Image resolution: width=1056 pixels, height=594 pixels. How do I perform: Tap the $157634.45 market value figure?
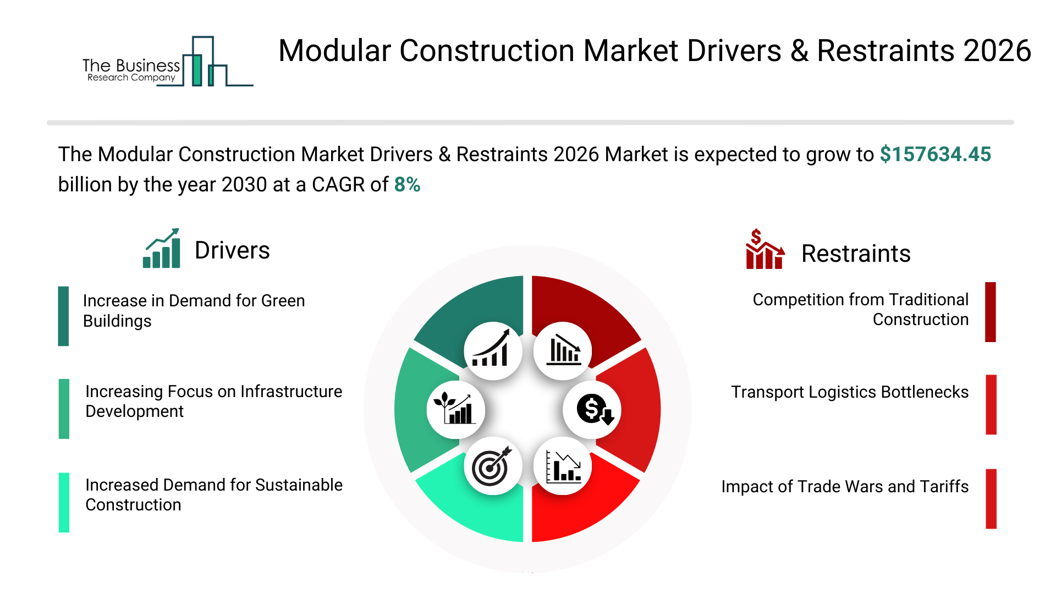tap(935, 155)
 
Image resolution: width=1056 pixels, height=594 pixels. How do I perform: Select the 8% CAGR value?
tap(407, 185)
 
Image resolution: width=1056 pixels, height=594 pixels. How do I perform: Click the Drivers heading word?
tap(232, 250)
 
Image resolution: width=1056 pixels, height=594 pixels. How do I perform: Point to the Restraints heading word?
tap(856, 254)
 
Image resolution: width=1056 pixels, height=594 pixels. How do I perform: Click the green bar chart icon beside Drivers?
tap(162, 248)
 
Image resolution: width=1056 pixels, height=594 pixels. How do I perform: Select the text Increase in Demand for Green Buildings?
tap(194, 311)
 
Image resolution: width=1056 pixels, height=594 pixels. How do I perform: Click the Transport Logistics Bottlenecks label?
tap(850, 392)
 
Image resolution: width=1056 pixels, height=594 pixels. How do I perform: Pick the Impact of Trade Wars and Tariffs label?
tap(845, 487)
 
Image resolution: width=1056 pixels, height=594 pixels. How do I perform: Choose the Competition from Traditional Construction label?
tap(861, 310)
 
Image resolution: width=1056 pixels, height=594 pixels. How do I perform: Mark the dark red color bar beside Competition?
tap(991, 312)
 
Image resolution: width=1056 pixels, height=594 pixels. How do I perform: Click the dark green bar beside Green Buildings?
tap(63, 316)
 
